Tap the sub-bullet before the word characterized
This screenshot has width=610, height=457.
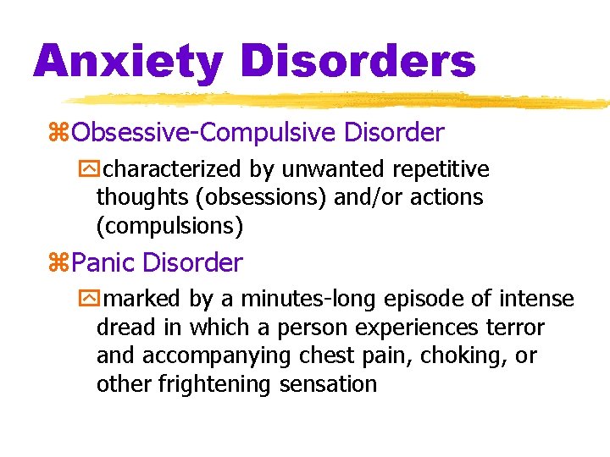click(103, 170)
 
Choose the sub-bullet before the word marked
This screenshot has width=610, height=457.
click(103, 300)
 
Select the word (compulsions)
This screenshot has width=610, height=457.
click(170, 226)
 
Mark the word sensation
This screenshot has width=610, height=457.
click(337, 384)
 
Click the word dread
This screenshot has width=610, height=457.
click(126, 328)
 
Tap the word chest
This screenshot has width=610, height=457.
click(326, 355)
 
